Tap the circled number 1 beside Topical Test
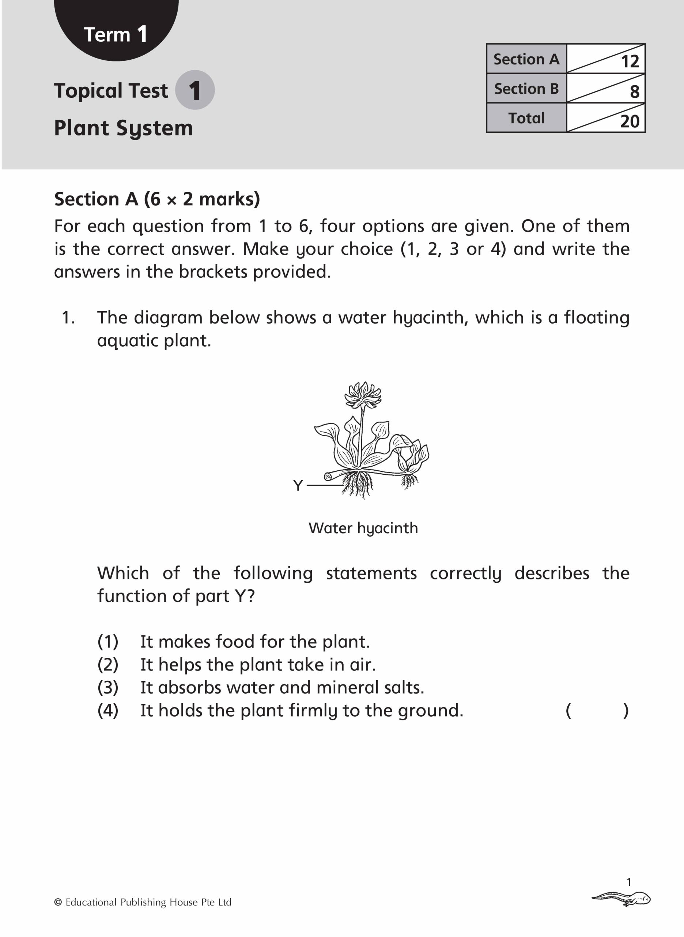194,90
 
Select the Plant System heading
124,128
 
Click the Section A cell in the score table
526,59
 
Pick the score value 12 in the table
630,61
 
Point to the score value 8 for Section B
634,91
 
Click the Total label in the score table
526,118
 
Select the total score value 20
630,121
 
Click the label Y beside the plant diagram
298,485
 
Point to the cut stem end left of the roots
329,477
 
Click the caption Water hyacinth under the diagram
363,528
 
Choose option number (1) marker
107,642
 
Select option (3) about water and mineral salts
282,687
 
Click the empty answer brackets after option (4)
597,710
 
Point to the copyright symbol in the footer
58,902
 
